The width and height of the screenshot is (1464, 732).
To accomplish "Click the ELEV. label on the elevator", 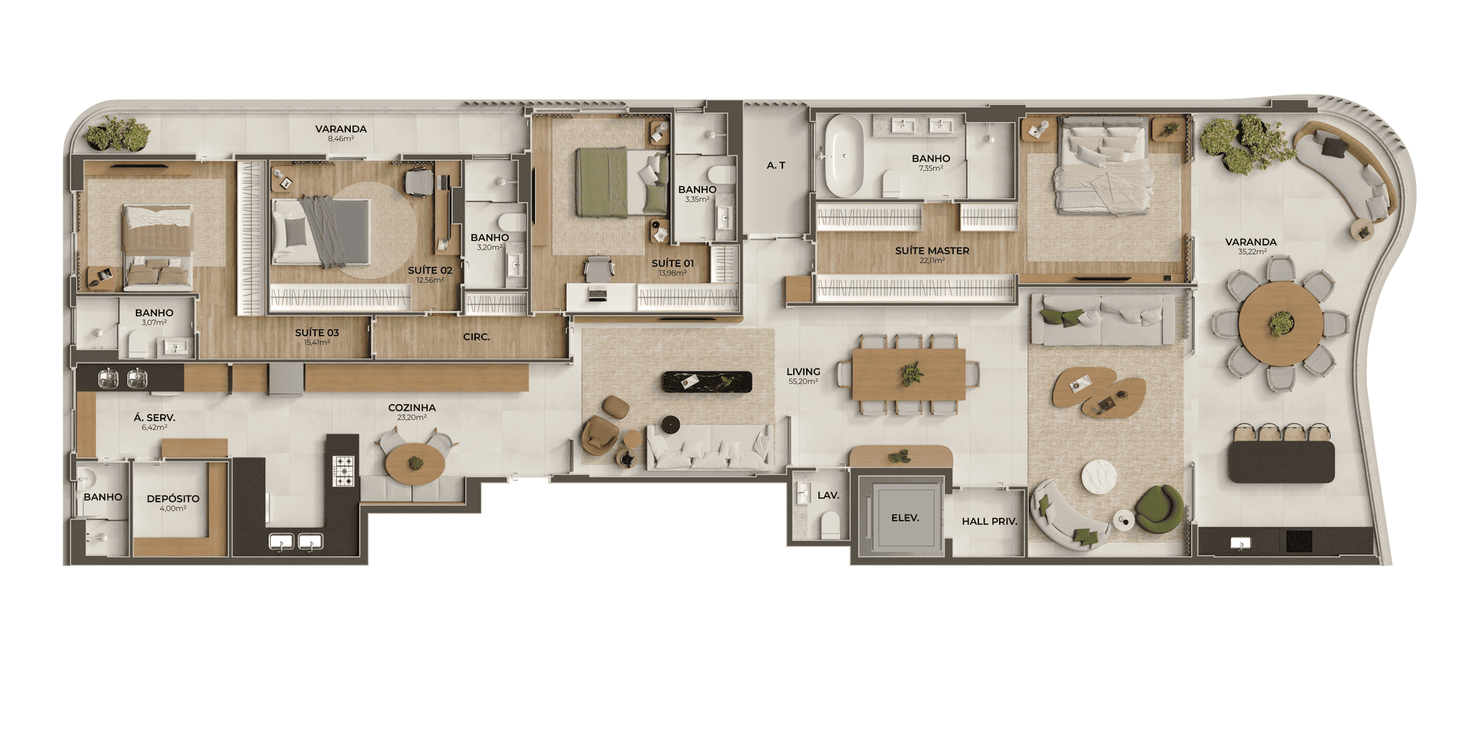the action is point(905,518).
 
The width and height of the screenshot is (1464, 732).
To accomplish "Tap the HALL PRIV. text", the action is point(989,522).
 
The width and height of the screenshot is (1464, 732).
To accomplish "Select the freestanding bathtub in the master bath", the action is point(844,156).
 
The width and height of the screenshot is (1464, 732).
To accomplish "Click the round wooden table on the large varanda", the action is point(1281,323).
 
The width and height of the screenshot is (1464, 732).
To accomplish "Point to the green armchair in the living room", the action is point(1159,509).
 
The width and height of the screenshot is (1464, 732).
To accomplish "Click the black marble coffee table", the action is point(707,382).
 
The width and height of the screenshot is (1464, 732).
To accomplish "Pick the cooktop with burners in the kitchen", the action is point(344,470).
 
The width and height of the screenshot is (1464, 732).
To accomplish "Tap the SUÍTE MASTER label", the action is point(932,250).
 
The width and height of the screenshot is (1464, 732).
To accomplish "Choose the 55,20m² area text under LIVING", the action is point(803,381).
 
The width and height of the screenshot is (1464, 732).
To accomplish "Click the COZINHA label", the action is point(412,408).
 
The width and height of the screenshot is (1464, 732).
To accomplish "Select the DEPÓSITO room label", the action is point(173,499).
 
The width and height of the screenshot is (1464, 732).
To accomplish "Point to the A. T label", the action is point(775,165).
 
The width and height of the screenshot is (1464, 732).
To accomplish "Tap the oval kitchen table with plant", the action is point(415,464).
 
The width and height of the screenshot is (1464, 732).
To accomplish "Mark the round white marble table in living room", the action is point(1100,477).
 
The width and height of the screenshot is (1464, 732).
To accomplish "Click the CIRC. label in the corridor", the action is point(477,337).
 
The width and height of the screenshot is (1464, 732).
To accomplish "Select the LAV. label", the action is point(828,496).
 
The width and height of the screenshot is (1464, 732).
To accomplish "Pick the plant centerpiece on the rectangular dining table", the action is point(910,374).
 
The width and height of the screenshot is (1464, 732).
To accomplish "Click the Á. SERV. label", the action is point(154,418).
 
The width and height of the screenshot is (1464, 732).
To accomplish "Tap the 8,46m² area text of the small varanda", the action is point(341,139).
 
